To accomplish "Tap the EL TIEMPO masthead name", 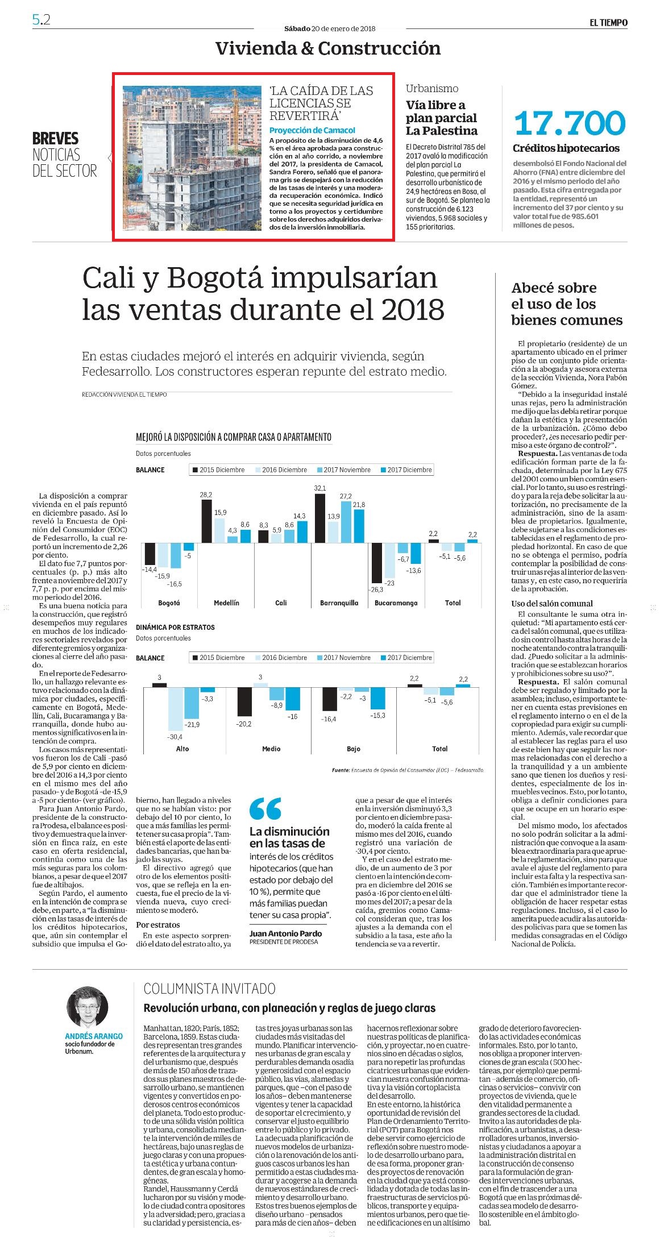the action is [608, 23].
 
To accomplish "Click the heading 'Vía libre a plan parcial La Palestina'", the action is [441, 118].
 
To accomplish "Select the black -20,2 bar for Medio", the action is [244, 702].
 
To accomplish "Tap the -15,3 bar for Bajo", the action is [377, 699].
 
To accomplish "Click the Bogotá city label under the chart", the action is [168, 603].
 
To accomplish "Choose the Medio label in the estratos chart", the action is [271, 749].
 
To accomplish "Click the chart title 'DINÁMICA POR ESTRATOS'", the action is [175, 628].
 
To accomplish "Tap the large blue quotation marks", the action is [265, 808].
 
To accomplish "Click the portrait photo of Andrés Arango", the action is [87, 1007].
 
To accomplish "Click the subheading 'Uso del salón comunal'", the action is [551, 604].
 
